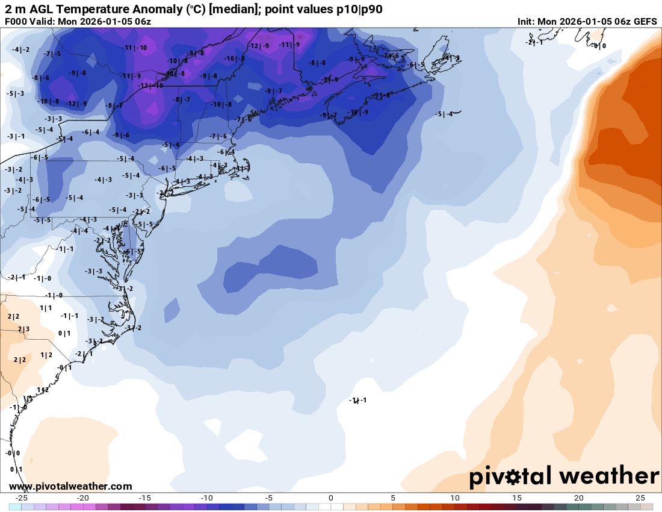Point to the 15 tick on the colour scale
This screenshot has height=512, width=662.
coord(517,498)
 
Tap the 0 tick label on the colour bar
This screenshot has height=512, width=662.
coord(331,498)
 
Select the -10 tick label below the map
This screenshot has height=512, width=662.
coord(207,498)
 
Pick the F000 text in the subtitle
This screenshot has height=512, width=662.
coord(17,22)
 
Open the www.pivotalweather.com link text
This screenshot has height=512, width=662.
coord(70,486)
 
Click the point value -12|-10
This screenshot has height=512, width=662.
coord(150,86)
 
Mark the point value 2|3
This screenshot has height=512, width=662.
coord(23,329)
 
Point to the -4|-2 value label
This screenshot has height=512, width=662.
coord(20,49)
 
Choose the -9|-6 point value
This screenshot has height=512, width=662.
coord(121,135)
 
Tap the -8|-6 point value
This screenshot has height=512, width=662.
coord(41,78)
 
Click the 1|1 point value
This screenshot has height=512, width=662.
coord(46,308)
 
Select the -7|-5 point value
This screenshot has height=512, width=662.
coord(52,54)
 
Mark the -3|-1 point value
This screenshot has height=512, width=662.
coord(16,137)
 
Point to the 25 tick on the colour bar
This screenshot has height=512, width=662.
coord(640,498)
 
